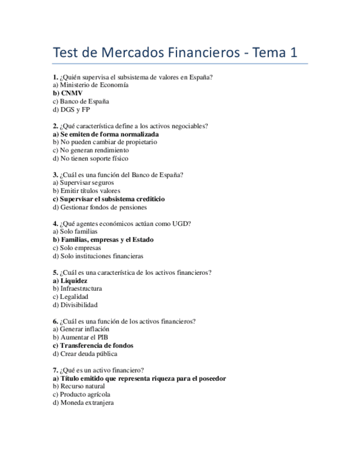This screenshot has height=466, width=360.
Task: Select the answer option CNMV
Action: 68,93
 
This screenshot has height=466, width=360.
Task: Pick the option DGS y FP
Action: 71,110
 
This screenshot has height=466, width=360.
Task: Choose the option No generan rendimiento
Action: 91,150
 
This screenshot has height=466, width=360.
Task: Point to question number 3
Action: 55,175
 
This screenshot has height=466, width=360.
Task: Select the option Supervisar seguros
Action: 83,183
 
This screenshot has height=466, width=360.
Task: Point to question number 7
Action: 55,370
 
